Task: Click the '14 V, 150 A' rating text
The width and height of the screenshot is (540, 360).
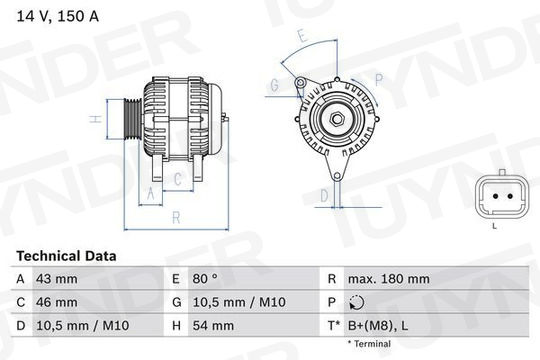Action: pyautogui.click(x=58, y=16)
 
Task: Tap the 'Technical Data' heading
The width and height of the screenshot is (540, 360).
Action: pyautogui.click(x=66, y=256)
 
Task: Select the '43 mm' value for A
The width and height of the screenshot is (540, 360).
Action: pyautogui.click(x=57, y=279)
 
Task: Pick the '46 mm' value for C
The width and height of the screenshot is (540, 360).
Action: pyautogui.click(x=57, y=302)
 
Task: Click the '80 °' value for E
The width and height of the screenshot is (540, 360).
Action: pyautogui.click(x=205, y=279)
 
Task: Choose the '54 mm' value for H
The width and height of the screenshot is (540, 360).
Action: pyautogui.click(x=213, y=326)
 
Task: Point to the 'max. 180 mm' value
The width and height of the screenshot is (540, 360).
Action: pyautogui.click(x=389, y=279)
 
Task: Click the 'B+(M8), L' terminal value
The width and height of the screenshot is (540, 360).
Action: pyautogui.click(x=378, y=326)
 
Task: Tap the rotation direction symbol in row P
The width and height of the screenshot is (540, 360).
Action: pyautogui.click(x=356, y=302)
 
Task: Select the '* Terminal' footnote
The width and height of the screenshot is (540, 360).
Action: pyautogui.click(x=369, y=343)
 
